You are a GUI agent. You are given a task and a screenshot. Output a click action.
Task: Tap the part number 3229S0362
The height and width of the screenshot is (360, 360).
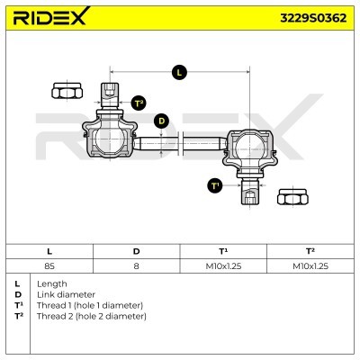(x=307, y=16)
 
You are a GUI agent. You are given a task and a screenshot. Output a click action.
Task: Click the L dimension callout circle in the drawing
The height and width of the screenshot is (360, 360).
(x=178, y=71)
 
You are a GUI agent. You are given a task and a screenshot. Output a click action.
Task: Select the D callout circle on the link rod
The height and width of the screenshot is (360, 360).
(x=161, y=120)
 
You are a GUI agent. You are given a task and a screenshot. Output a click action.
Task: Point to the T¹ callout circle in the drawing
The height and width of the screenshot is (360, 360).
(x=214, y=185)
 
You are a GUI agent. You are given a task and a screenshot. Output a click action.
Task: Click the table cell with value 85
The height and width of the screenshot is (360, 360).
(x=49, y=266)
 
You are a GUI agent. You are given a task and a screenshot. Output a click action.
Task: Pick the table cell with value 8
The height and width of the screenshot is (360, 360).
(x=136, y=266)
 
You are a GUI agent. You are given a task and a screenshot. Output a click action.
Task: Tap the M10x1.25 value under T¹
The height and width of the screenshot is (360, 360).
(x=223, y=266)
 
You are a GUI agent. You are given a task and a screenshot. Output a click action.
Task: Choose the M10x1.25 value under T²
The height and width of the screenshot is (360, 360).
(x=310, y=266)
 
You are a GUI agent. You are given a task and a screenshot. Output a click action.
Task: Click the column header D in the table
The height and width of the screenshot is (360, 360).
(x=136, y=252)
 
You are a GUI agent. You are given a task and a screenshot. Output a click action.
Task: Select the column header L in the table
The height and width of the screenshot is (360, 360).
(x=49, y=252)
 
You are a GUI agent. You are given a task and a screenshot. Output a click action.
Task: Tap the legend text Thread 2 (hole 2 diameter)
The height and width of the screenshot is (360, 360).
(x=90, y=317)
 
